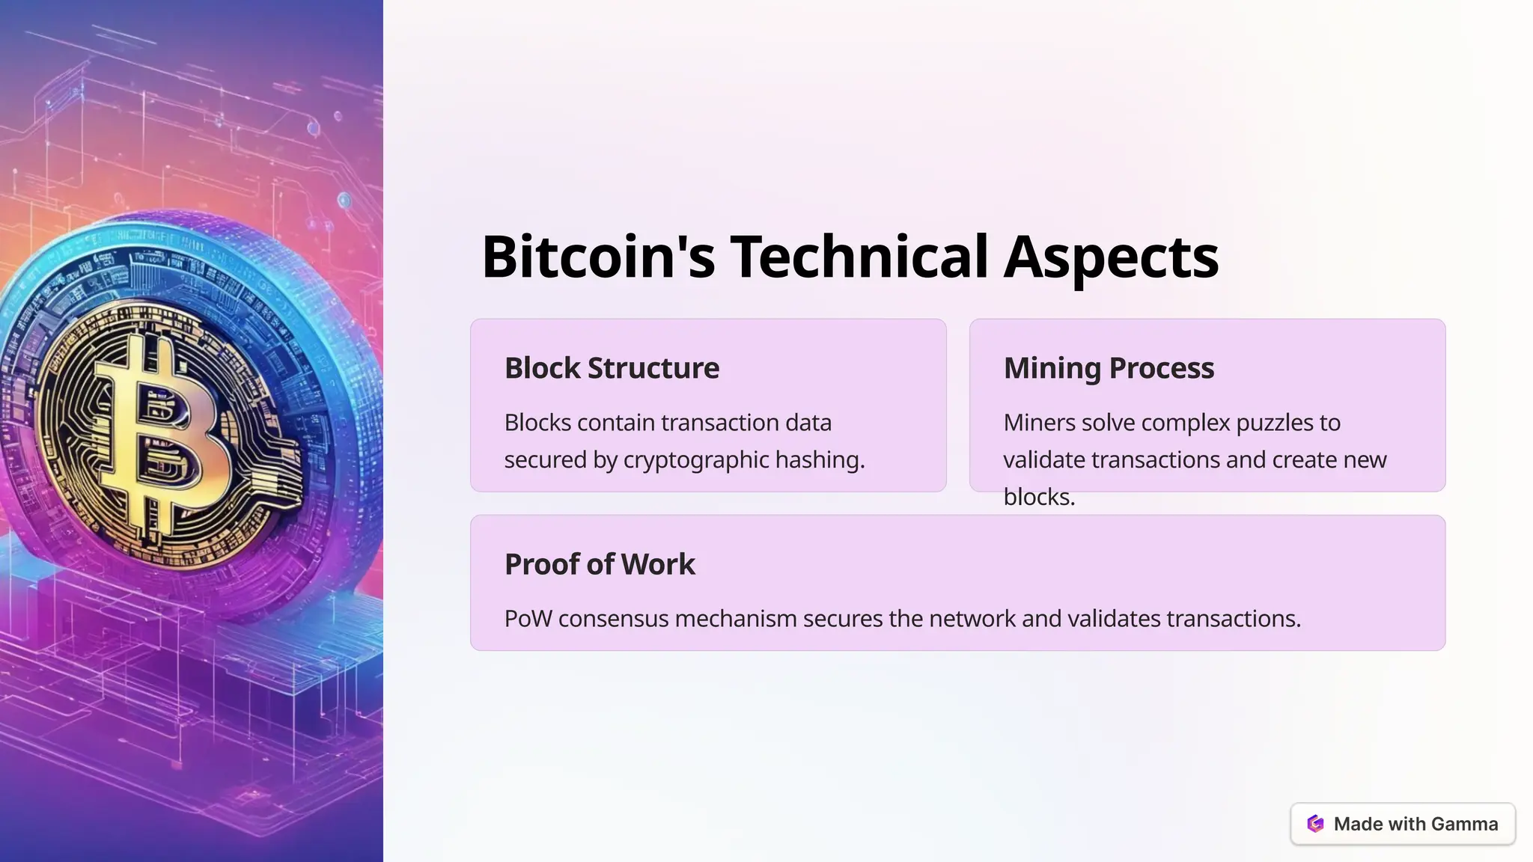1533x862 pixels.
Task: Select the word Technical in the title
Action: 859,257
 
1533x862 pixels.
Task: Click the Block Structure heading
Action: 612,368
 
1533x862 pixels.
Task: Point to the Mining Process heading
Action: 1109,368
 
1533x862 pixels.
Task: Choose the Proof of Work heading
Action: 600,564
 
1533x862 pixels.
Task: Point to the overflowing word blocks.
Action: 1039,497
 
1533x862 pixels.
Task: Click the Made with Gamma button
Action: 1403,824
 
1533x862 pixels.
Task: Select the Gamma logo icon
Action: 1315,824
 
